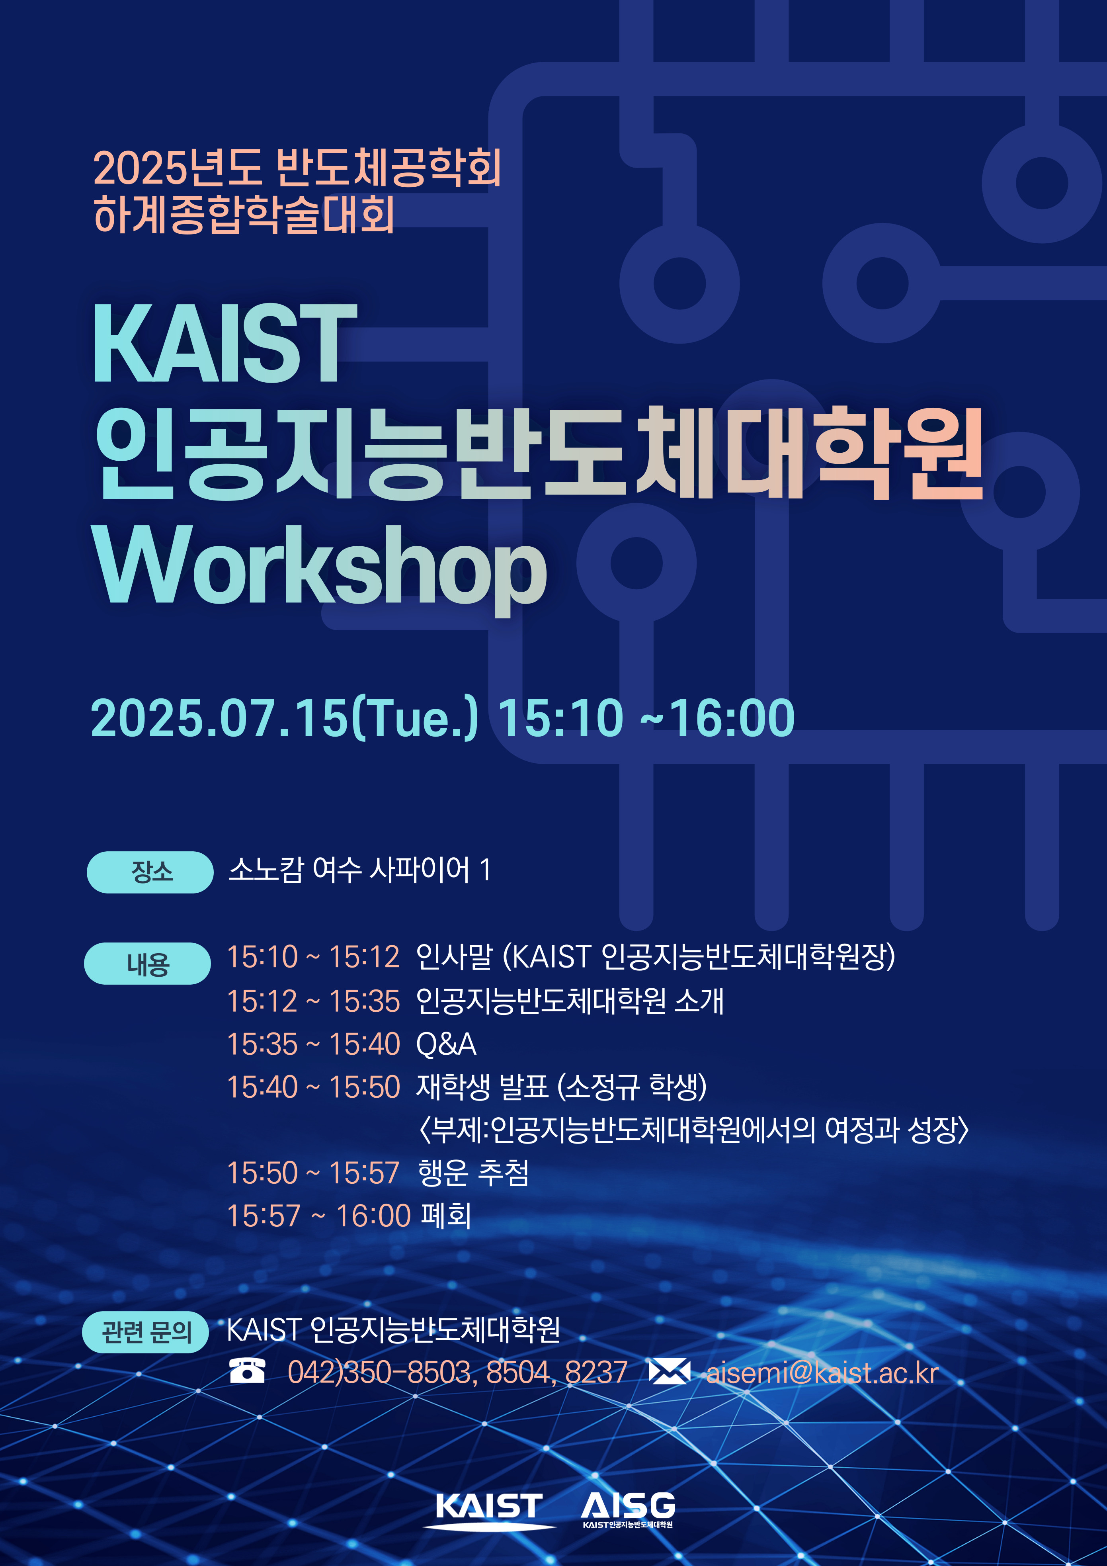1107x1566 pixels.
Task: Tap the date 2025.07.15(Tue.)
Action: [x=285, y=718]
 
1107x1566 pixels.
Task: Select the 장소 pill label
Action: [x=150, y=872]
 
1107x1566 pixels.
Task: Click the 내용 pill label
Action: [x=147, y=963]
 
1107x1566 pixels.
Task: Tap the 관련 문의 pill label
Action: [x=145, y=1332]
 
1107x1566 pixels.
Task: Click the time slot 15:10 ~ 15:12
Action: [x=313, y=957]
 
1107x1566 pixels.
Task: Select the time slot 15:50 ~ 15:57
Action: [x=313, y=1173]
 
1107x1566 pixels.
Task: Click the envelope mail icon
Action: [x=669, y=1371]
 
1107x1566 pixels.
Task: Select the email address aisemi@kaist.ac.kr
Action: [x=822, y=1372]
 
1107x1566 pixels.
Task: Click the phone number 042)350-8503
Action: [x=380, y=1372]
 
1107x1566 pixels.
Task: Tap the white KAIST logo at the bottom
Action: [x=489, y=1506]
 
